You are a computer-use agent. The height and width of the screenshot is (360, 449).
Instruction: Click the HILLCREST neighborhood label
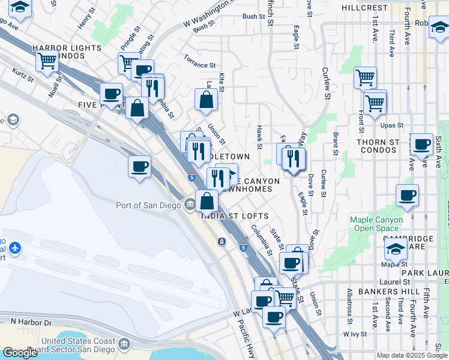[x=364, y=8]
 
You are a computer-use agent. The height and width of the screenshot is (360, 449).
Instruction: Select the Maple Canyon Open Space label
[x=375, y=224]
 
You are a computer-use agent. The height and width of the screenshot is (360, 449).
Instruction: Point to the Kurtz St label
[x=23, y=75]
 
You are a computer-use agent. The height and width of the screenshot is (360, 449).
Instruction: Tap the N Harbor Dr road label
[x=32, y=322]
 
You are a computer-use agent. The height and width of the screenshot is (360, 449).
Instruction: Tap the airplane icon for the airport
[x=14, y=247]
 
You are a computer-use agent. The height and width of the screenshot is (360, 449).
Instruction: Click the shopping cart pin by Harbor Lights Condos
[x=47, y=61]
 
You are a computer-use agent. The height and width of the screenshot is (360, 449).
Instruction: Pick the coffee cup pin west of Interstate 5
[x=139, y=167]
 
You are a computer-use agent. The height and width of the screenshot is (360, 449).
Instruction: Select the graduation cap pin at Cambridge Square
[x=396, y=249]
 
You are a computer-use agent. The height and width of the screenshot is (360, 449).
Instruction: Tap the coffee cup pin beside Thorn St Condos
[x=421, y=145]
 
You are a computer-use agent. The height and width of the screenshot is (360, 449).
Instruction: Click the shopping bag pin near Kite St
[x=206, y=100]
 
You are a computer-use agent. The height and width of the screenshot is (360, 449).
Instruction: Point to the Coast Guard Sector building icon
[x=125, y=344]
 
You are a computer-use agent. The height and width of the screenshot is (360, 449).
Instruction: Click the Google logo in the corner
[x=20, y=353]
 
